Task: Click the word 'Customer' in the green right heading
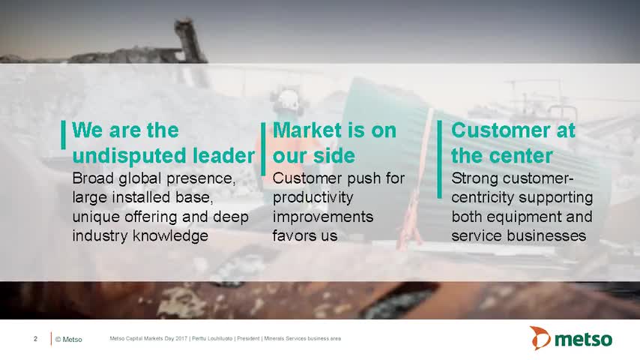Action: coord(501,130)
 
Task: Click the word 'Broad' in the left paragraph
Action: coord(93,178)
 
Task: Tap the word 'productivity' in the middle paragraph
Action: coord(313,198)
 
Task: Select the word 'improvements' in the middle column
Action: coord(323,217)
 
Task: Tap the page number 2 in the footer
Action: coord(35,339)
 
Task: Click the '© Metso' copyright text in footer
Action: coord(69,339)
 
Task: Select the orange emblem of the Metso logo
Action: coord(540,338)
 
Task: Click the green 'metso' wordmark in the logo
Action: coord(583,340)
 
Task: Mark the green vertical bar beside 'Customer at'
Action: coord(440,159)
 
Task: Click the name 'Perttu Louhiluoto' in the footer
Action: coord(212,338)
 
